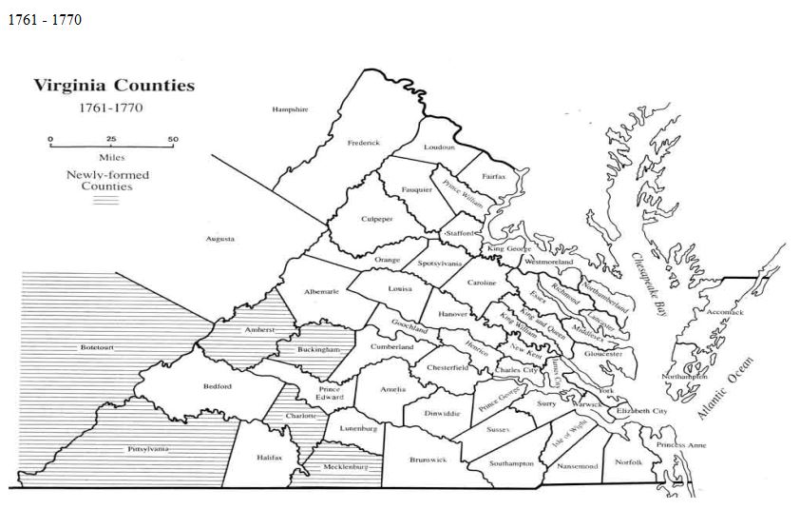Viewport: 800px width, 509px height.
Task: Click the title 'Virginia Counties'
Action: [114, 86]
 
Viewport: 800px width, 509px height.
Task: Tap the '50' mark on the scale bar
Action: [173, 139]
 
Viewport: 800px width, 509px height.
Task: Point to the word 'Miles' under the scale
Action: [111, 157]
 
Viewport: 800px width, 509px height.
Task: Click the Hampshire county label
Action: [290, 109]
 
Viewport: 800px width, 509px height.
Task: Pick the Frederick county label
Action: [363, 143]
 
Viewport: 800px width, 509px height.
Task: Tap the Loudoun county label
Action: [439, 147]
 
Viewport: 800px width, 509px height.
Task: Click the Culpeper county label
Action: [376, 219]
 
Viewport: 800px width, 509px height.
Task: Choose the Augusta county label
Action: [220, 239]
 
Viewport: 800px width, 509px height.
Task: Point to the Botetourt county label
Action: [97, 347]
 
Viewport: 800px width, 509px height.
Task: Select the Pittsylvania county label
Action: [148, 448]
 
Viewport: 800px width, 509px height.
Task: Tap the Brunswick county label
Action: [427, 460]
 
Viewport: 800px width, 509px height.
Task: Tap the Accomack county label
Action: [726, 312]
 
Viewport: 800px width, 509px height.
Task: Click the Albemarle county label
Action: [321, 291]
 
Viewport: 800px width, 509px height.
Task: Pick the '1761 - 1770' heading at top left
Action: [44, 19]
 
